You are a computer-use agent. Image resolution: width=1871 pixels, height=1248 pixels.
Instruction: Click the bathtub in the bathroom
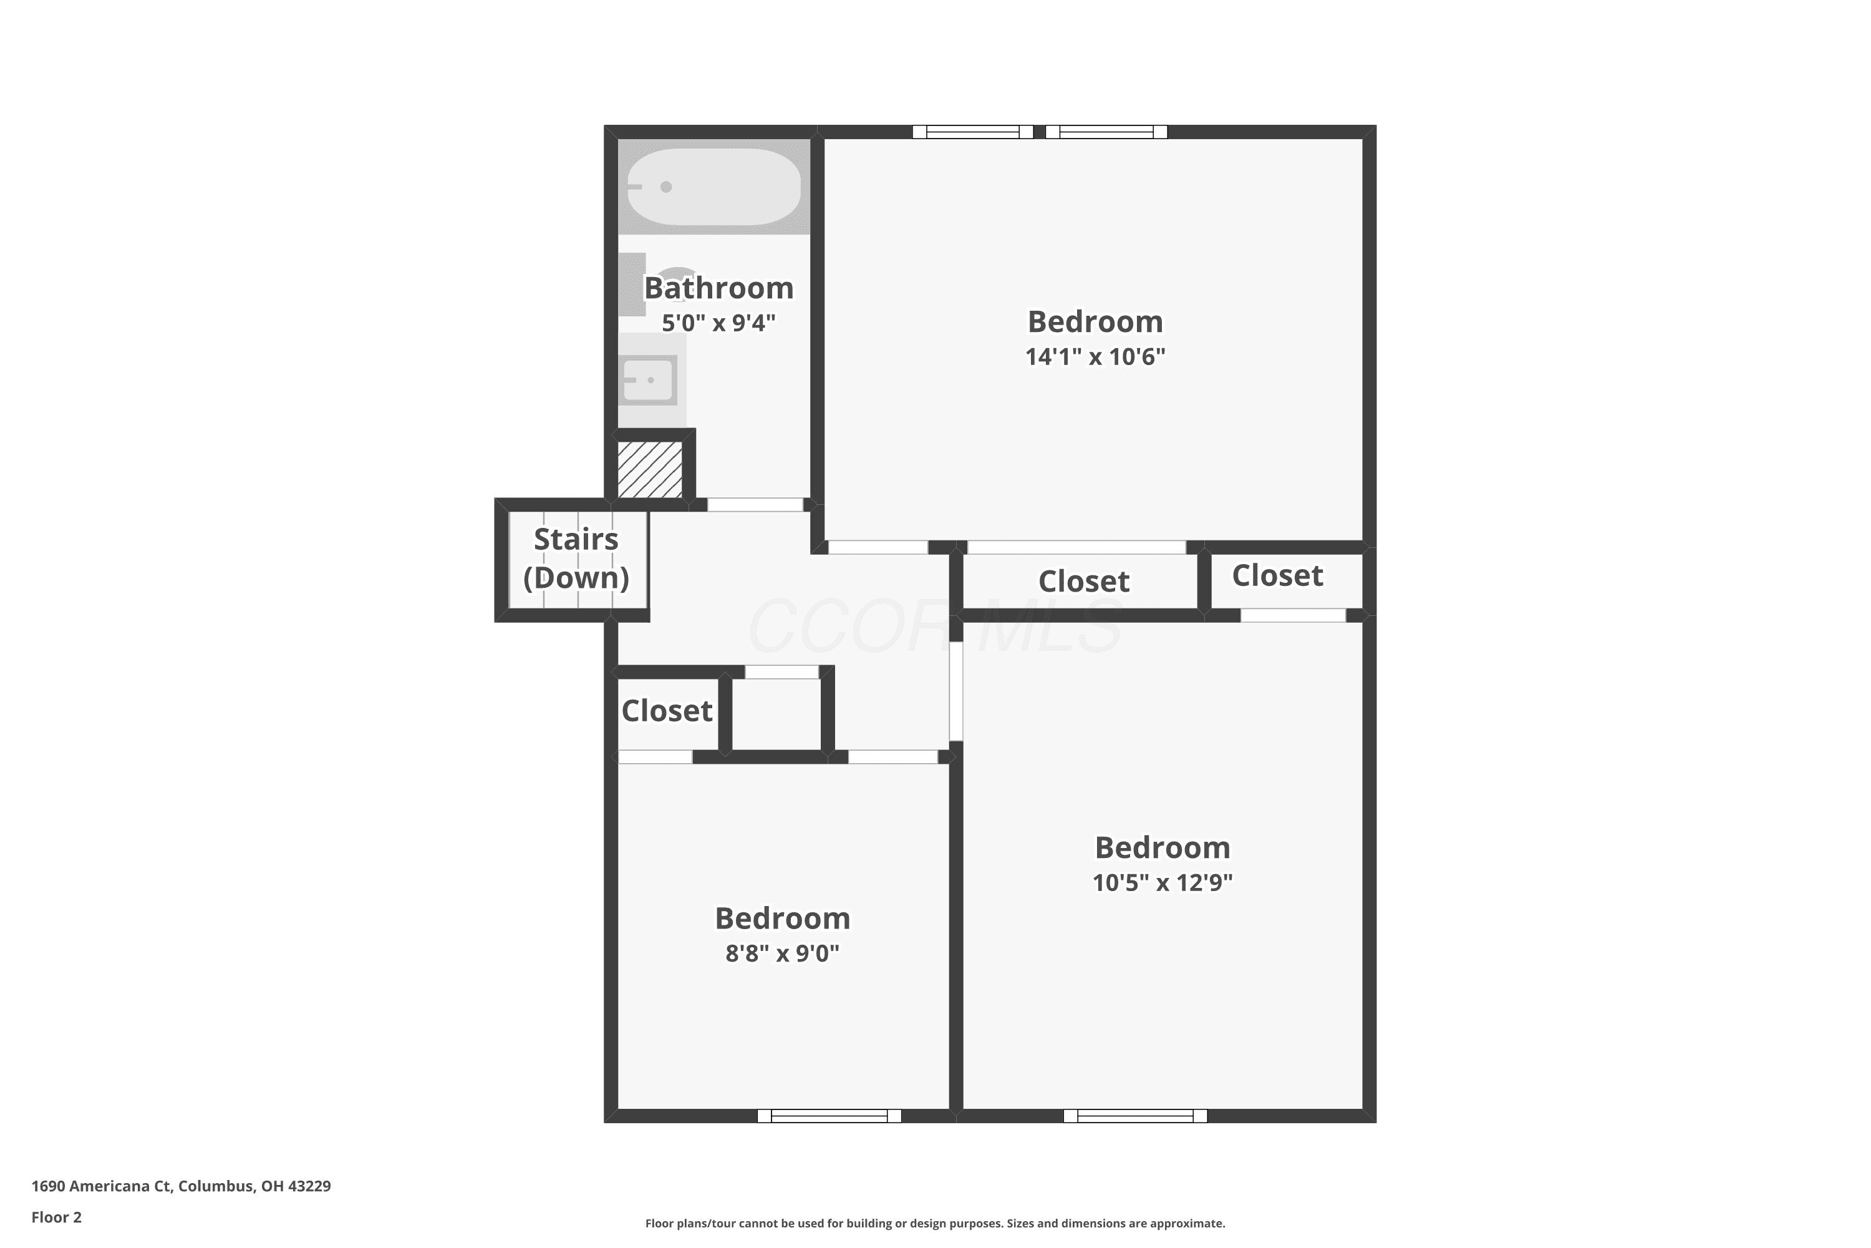(713, 187)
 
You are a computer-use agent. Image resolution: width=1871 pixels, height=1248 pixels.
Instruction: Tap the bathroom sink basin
(649, 381)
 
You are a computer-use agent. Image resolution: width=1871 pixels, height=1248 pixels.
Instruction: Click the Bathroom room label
(718, 288)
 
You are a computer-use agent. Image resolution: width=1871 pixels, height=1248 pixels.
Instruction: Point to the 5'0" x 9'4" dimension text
(718, 323)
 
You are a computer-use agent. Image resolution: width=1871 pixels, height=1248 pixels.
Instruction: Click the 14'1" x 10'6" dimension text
(1095, 356)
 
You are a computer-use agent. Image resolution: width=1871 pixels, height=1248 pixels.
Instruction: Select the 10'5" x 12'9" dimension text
(1163, 883)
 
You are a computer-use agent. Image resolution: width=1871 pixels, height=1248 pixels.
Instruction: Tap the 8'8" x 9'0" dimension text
(782, 953)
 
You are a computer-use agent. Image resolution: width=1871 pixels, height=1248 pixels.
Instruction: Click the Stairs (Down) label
(576, 558)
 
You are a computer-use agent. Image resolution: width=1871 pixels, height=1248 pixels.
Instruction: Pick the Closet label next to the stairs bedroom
(667, 711)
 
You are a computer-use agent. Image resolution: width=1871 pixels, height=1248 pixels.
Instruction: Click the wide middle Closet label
(1083, 582)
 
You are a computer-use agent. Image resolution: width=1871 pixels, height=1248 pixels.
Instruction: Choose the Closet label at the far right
(1277, 575)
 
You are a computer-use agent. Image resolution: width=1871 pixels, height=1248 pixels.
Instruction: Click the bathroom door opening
(755, 505)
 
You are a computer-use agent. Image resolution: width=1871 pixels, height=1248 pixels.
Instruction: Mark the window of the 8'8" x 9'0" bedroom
(829, 1116)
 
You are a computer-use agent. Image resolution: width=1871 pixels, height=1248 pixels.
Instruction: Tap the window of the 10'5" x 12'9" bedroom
(1135, 1116)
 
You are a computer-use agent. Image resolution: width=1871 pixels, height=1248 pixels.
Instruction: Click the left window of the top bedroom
(973, 132)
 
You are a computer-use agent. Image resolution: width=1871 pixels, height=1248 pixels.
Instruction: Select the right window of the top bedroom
(1106, 132)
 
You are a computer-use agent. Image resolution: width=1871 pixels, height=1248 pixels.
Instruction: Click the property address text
(181, 1186)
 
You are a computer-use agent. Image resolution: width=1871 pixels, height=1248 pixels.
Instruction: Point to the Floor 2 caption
(57, 1217)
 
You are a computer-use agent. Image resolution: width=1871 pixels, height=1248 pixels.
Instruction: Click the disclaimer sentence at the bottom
(935, 1223)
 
